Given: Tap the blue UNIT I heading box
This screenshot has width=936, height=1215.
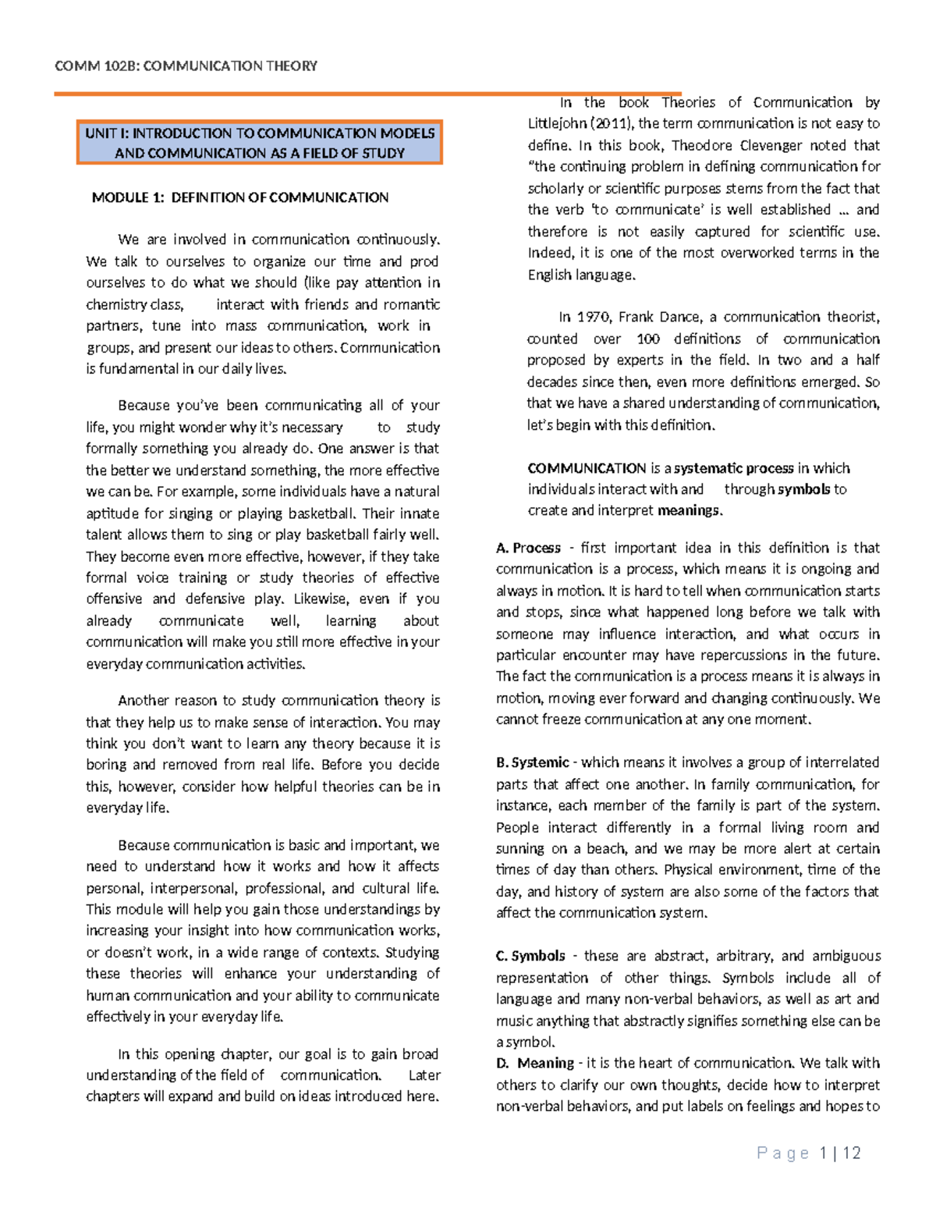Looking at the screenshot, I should pyautogui.click(x=260, y=143).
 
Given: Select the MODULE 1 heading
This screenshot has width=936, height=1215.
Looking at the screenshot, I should pyautogui.click(x=239, y=197).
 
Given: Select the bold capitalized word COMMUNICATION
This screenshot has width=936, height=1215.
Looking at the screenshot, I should pyautogui.click(x=587, y=468).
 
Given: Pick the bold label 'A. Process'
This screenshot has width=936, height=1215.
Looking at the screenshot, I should pyautogui.click(x=528, y=548).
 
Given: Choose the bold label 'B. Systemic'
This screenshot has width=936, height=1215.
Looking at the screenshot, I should pyautogui.click(x=532, y=762).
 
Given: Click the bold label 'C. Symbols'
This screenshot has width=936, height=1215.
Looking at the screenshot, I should pyautogui.click(x=530, y=956).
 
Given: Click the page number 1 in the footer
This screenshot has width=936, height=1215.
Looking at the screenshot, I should pyautogui.click(x=824, y=1153).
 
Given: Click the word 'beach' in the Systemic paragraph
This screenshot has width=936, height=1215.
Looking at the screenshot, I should pyautogui.click(x=603, y=848).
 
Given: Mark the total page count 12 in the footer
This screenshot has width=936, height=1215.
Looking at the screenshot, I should pyautogui.click(x=852, y=1153).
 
